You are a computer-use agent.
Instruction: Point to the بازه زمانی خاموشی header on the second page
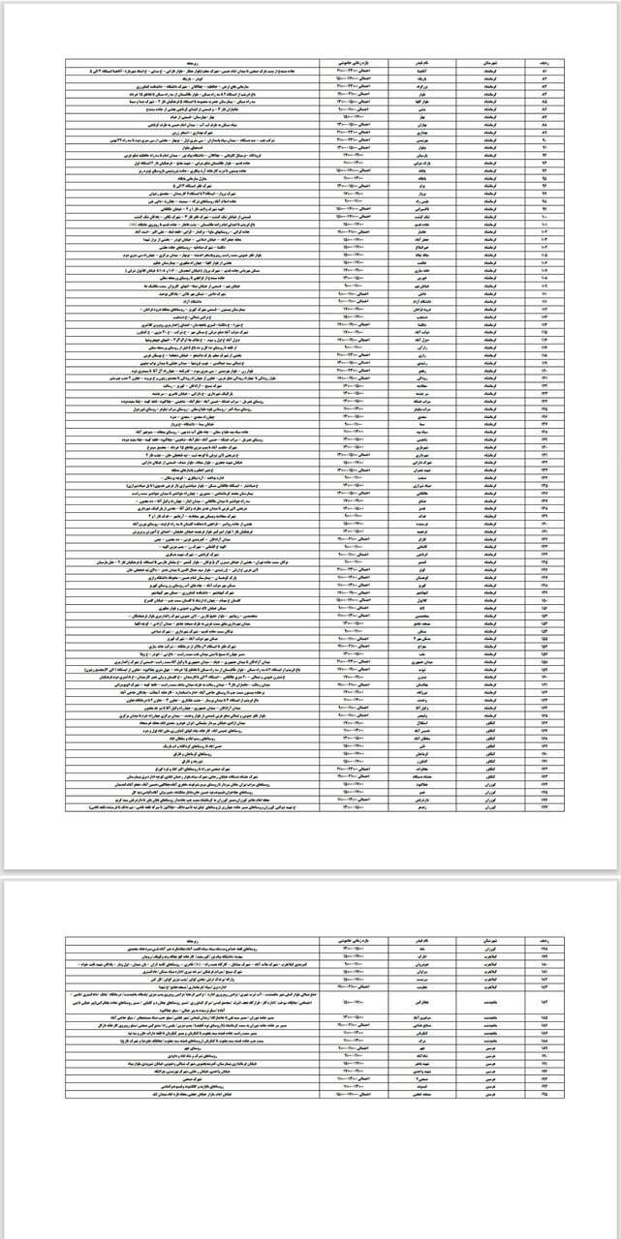click(349, 939)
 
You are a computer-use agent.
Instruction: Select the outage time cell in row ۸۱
click(349, 70)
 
